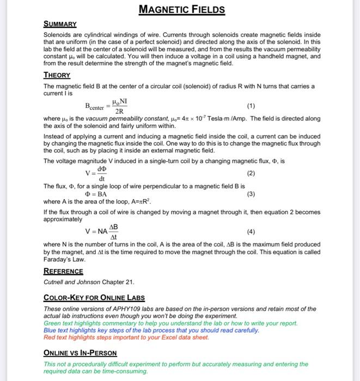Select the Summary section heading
(60, 24)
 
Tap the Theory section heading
(57, 76)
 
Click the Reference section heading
(63, 271)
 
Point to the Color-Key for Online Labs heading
(94, 298)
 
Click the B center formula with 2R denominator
(107, 106)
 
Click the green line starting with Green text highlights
(170, 323)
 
